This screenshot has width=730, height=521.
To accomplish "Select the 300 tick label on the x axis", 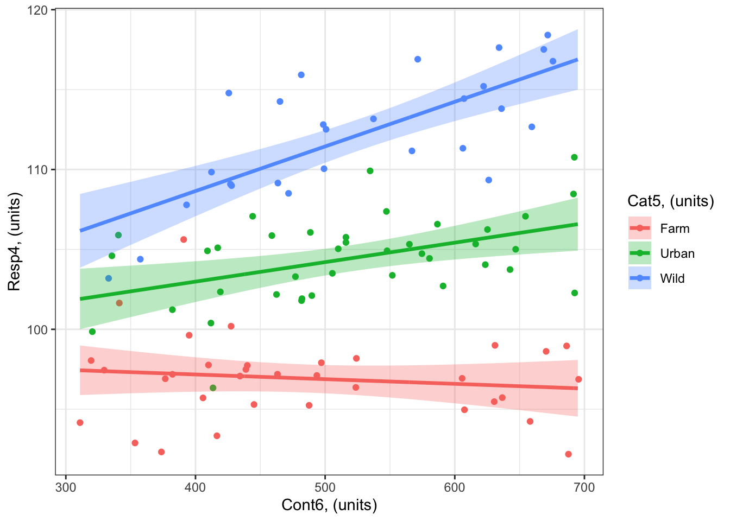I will tap(66, 487).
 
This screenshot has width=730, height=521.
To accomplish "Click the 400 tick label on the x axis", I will tap(196, 487).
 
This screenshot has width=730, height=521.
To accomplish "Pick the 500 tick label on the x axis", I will tap(325, 487).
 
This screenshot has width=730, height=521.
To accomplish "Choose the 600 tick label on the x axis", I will tap(455, 487).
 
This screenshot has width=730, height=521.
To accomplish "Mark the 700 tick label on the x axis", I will tap(584, 487).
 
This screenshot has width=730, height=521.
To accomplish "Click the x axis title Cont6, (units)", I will tap(329, 505).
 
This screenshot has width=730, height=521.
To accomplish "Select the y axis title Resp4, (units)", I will tap(14, 242).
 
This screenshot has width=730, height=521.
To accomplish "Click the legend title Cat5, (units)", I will tap(670, 201).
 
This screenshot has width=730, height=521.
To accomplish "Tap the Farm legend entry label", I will tap(675, 228).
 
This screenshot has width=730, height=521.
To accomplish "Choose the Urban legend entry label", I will tap(677, 253).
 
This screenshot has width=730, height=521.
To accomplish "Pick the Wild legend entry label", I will tap(672, 278).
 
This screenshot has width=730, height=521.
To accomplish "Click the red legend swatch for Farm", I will tap(640, 228).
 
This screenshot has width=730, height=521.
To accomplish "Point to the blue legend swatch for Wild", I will tap(640, 278).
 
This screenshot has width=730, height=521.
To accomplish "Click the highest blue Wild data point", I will tap(547, 35).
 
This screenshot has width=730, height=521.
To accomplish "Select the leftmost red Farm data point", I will tap(80, 423).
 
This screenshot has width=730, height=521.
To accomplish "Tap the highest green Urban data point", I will tap(574, 157).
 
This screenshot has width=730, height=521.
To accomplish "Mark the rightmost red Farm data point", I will tap(578, 379).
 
